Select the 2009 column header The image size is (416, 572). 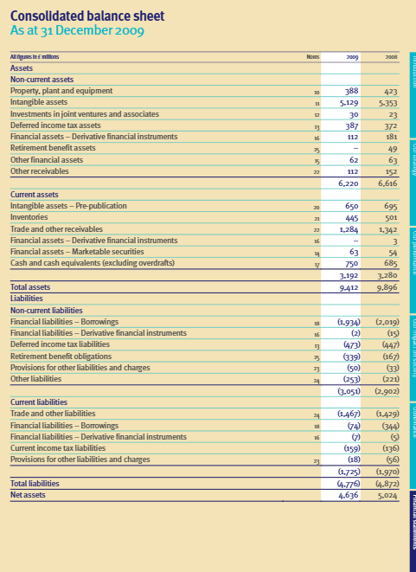click(x=351, y=57)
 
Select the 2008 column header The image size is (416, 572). click(x=388, y=57)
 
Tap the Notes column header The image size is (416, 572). click(x=313, y=57)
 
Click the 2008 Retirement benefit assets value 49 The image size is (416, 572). click(x=390, y=148)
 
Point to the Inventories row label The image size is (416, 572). click(x=30, y=217)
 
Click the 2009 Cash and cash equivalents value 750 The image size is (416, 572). click(x=349, y=263)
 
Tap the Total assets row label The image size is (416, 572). click(x=30, y=286)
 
